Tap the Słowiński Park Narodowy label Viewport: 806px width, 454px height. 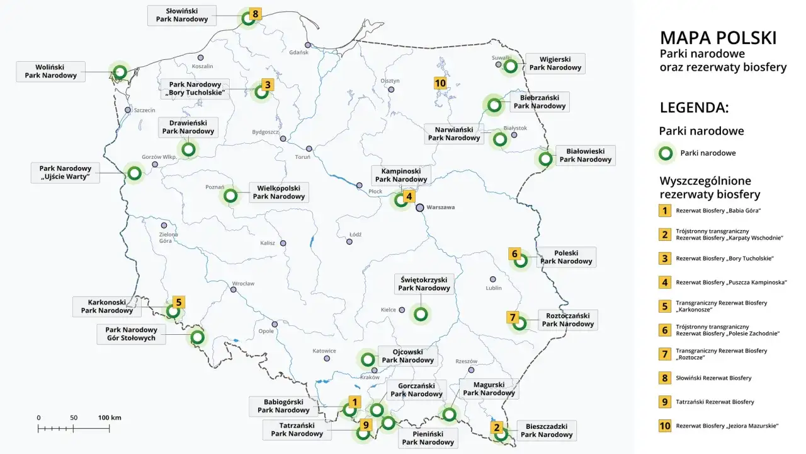click(x=182, y=15)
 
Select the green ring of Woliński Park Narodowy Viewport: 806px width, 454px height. click(x=119, y=72)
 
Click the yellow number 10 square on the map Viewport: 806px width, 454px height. click(x=440, y=83)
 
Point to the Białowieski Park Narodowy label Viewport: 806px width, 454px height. click(x=586, y=155)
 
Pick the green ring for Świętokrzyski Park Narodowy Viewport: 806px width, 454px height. click(x=421, y=313)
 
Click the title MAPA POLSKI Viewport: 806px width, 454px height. click(x=718, y=38)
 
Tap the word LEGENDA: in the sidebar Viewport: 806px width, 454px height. click(x=694, y=107)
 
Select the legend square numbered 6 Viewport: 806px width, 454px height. click(x=664, y=330)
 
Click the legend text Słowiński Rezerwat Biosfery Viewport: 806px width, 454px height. click(x=713, y=378)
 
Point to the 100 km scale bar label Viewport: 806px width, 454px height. click(x=110, y=417)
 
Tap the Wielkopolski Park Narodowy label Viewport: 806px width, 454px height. click(x=278, y=192)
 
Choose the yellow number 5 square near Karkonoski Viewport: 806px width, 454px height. click(x=179, y=302)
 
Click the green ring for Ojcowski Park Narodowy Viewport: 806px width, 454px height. click(x=367, y=359)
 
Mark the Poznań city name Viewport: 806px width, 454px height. click(x=215, y=187)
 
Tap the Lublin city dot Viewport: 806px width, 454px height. click(x=493, y=279)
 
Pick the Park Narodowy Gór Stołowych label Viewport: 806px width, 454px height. click(x=131, y=334)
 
